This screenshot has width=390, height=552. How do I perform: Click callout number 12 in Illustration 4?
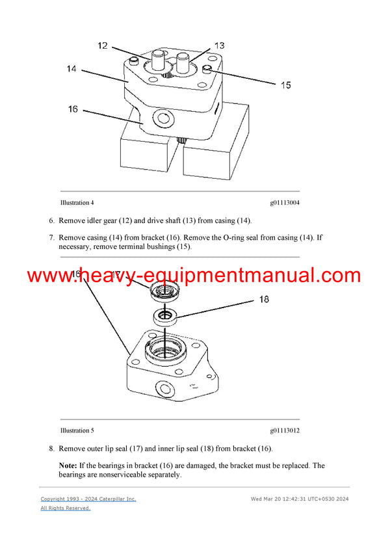tap(103, 46)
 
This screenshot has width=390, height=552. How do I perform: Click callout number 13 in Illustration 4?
tap(219, 46)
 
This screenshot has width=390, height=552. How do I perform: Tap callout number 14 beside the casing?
tap(71, 68)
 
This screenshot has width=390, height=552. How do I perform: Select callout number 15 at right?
tap(285, 85)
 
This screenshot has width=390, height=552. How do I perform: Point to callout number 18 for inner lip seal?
tap(264, 300)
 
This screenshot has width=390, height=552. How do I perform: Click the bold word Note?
tap(68, 466)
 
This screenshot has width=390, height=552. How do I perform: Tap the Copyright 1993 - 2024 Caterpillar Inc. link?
tap(88, 499)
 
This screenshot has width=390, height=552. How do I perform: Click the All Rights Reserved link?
tap(66, 508)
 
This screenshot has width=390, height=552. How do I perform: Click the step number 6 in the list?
tap(52, 220)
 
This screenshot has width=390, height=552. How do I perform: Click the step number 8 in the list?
tap(52, 449)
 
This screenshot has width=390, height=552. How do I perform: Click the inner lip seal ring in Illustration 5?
tap(166, 317)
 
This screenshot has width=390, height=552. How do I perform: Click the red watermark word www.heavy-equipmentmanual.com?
tap(193, 275)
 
